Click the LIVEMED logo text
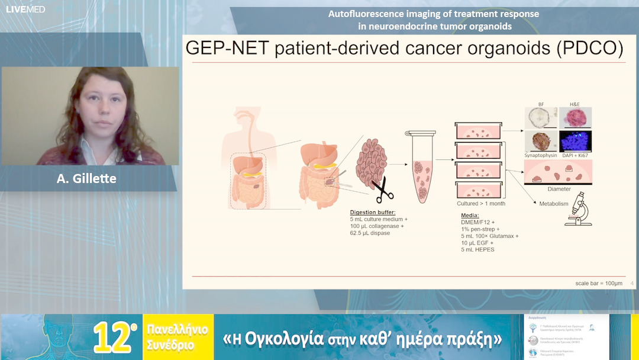coord(25,9)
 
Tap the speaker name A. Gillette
coord(86,178)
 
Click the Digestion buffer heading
coord(372,212)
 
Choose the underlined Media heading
coord(470,215)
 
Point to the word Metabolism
coord(554,203)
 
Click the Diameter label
coord(559,189)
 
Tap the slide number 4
coord(632,284)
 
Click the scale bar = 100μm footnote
coord(599,284)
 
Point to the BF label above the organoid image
coord(541,104)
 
